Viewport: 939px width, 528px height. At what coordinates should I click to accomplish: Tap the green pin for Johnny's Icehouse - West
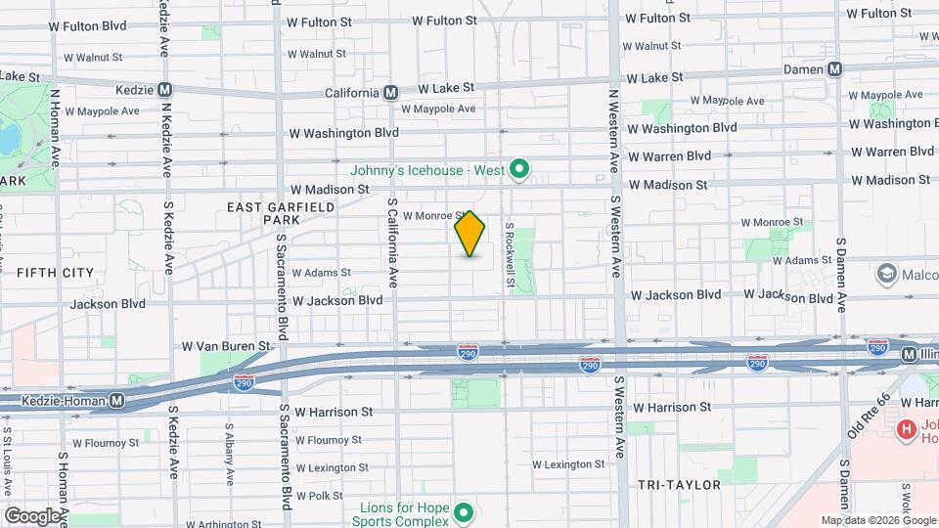pos(520,170)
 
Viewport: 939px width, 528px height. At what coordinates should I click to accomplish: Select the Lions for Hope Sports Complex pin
pos(465,511)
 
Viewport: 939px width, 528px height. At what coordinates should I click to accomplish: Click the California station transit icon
pos(390,93)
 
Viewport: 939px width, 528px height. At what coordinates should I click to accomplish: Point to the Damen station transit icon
pos(834,69)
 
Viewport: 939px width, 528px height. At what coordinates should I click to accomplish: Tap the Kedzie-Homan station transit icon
pos(116,400)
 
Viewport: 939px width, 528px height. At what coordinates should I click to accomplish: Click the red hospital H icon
pos(907,428)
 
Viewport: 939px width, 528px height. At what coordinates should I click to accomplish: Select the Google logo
pos(32,515)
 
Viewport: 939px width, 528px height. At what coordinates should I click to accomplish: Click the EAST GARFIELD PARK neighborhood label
pos(281,213)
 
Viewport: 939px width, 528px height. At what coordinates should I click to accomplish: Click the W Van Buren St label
pos(225,346)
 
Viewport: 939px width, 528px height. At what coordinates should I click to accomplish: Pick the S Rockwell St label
pos(510,253)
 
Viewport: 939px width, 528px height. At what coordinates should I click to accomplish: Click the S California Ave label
pos(392,242)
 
